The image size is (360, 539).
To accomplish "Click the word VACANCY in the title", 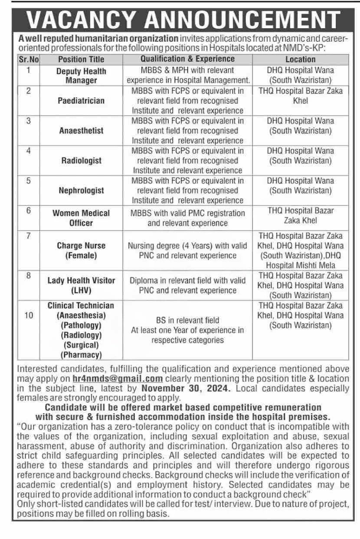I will coord(80,20).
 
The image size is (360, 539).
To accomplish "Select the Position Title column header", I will coord(81,59).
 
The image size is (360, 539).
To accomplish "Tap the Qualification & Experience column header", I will coord(187,59).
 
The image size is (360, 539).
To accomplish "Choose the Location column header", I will coord(300,59).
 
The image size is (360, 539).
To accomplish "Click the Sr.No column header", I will coord(29,59).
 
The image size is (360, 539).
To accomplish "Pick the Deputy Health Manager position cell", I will coord(81,76).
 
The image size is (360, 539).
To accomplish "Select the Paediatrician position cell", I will coord(81,101).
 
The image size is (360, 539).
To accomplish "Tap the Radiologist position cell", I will coord(81,161).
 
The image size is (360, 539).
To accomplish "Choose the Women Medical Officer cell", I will coord(81,218).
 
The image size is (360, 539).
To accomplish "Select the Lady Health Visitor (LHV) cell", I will coord(81,286).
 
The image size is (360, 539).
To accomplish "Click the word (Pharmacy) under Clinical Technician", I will coord(81,355).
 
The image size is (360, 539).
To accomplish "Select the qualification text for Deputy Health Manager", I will coord(187,75).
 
